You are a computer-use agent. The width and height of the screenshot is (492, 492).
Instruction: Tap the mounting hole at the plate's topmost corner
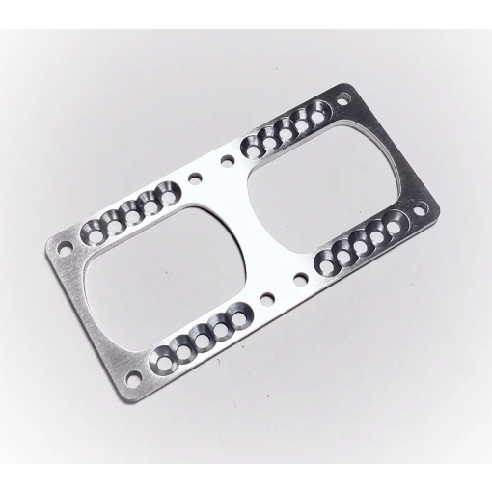(343, 97)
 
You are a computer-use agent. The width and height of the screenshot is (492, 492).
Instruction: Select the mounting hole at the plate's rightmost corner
(419, 207)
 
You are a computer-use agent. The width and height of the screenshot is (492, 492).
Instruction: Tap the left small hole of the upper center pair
(197, 178)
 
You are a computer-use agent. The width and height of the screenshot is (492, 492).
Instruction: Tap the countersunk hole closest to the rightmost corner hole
(394, 221)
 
